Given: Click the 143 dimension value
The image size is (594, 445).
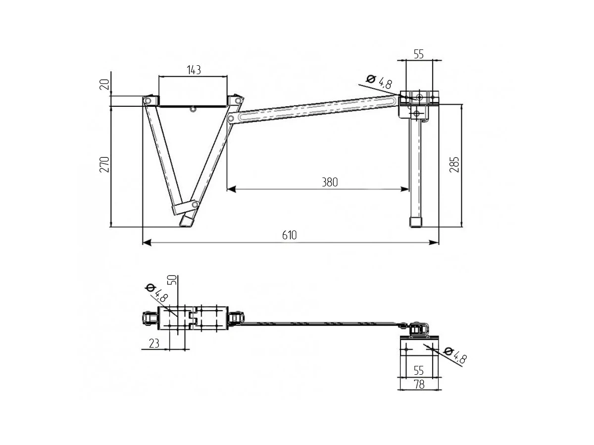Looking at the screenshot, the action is click(194, 70).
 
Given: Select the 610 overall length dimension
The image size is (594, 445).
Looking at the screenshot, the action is click(289, 235).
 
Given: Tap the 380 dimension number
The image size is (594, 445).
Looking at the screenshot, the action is click(330, 182).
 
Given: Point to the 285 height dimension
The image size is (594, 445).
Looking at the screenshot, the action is click(454, 164).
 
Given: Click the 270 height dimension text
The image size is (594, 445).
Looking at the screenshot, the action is click(104, 164).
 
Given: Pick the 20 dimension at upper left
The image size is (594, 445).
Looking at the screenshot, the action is click(105, 84).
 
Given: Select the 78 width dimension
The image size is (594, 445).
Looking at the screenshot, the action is click(419, 385).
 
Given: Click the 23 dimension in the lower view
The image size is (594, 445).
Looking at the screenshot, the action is click(154, 344).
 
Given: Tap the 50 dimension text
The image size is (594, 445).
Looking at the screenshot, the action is click(172, 280).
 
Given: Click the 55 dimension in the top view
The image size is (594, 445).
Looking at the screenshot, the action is click(419, 54).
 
